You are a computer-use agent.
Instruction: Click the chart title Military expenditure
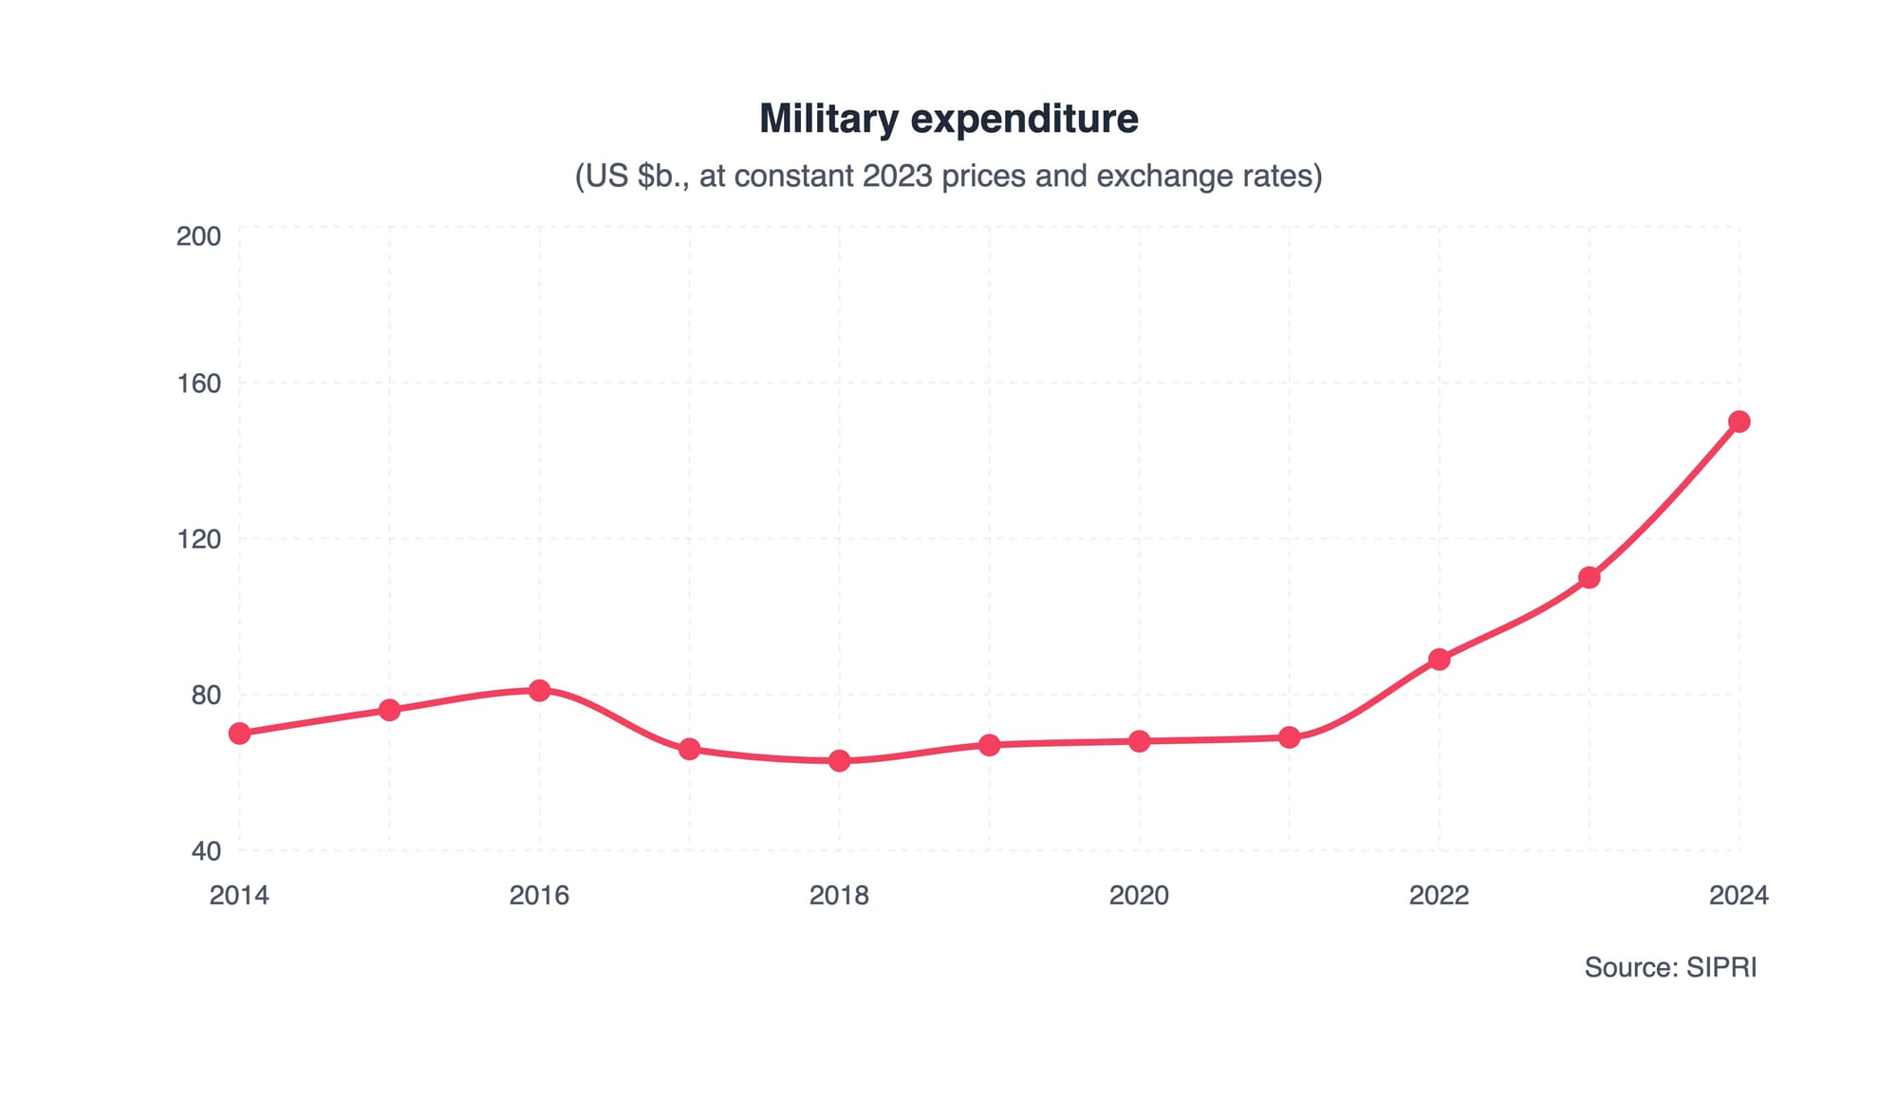click(x=948, y=119)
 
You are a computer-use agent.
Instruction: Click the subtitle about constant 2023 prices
click(x=948, y=177)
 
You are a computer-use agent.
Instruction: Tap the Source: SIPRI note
click(x=1670, y=967)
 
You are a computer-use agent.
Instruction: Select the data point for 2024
click(x=1739, y=421)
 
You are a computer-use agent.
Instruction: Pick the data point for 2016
click(x=539, y=690)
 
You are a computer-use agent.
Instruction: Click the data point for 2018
click(x=839, y=760)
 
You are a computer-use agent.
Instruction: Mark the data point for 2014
click(x=239, y=734)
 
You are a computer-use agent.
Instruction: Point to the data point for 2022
click(x=1439, y=659)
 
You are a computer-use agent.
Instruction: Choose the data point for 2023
click(x=1589, y=577)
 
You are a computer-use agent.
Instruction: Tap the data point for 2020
click(x=1139, y=741)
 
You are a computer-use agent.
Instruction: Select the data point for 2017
click(x=689, y=749)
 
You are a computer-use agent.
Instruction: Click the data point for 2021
click(x=1289, y=737)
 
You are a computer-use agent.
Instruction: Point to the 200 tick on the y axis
click(x=198, y=235)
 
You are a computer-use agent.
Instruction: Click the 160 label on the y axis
click(x=198, y=383)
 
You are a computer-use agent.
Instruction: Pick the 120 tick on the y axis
click(x=198, y=539)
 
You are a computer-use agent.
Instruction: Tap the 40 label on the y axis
click(x=206, y=850)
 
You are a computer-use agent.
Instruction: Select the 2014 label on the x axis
click(x=239, y=895)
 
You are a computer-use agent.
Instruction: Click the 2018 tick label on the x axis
click(x=839, y=895)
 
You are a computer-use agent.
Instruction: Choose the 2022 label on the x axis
click(x=1439, y=895)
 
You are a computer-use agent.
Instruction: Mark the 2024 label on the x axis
click(x=1739, y=895)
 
